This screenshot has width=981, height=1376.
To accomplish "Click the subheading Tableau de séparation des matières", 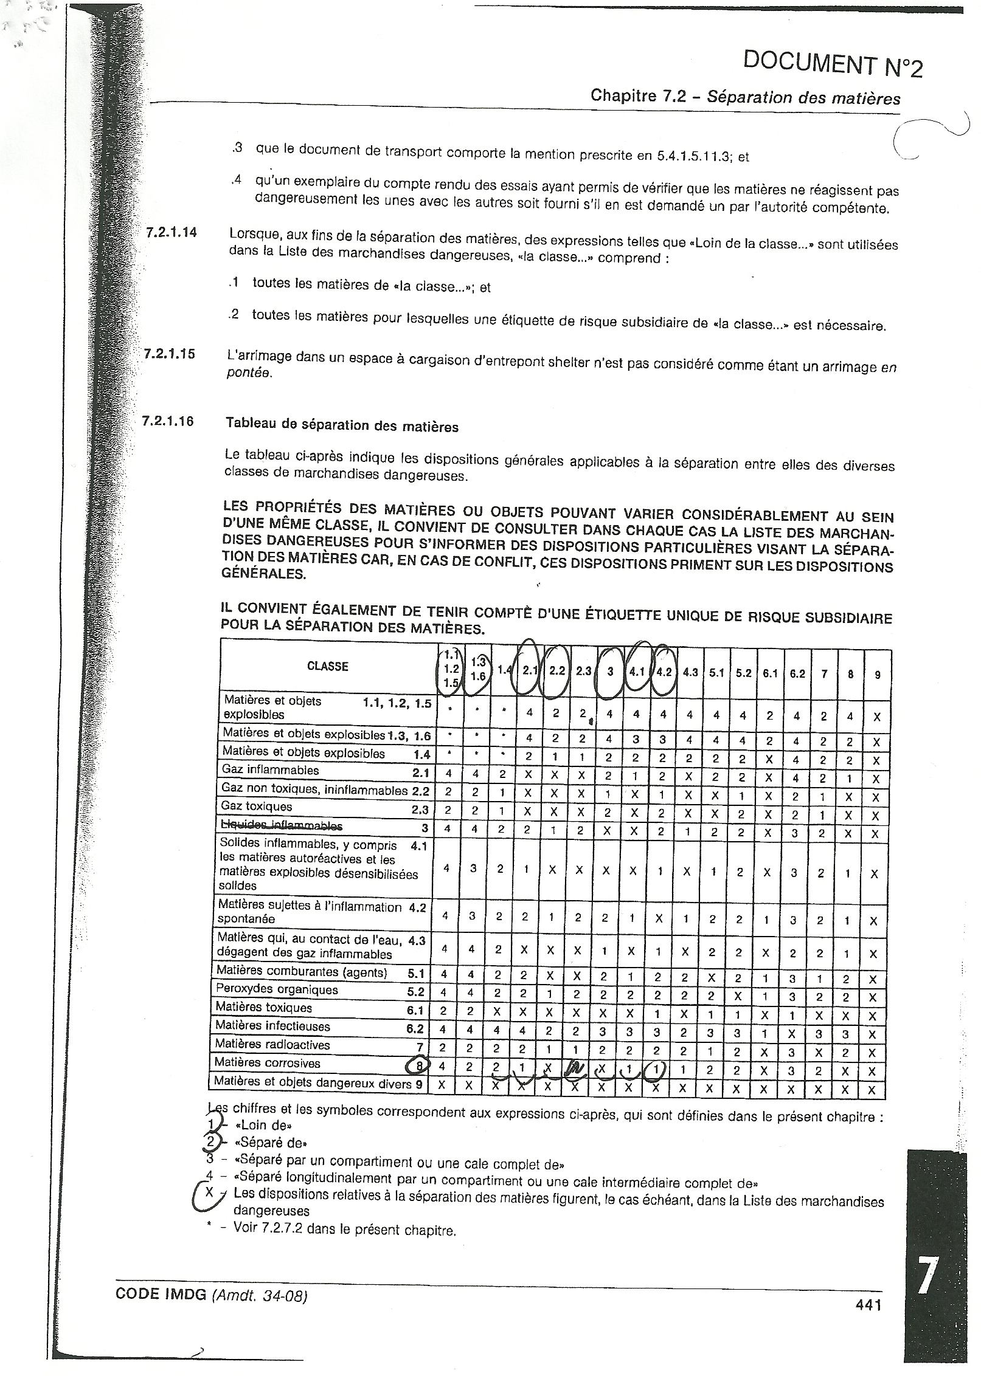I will pos(342,425).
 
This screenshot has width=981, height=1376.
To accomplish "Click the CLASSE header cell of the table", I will pos(327,666).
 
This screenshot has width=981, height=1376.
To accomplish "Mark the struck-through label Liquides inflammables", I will pos(282,825).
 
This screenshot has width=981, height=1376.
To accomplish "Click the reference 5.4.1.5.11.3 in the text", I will pos(692,156).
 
